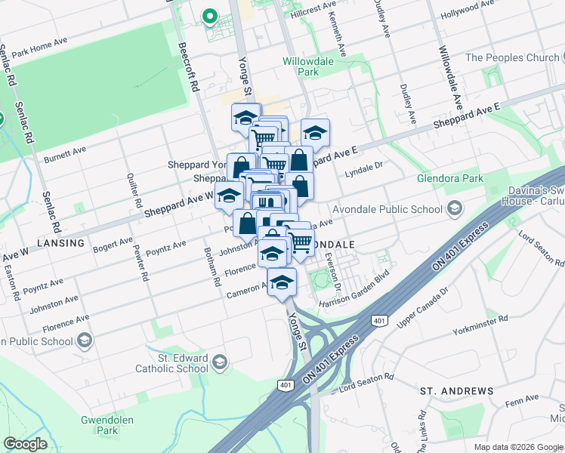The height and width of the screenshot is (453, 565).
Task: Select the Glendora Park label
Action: [449, 179]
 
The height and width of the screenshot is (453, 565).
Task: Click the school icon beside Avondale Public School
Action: [455, 208]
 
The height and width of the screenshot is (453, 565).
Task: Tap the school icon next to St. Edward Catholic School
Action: [220, 362]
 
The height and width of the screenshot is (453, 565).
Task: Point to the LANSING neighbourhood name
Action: [64, 243]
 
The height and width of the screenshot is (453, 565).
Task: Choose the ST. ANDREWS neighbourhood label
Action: [456, 390]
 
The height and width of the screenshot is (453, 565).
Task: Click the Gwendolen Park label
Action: [100, 425]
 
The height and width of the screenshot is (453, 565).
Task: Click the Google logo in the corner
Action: [26, 444]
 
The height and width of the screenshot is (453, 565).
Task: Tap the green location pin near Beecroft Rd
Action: [208, 16]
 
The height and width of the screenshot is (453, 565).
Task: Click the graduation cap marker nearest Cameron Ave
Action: [282, 283]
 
